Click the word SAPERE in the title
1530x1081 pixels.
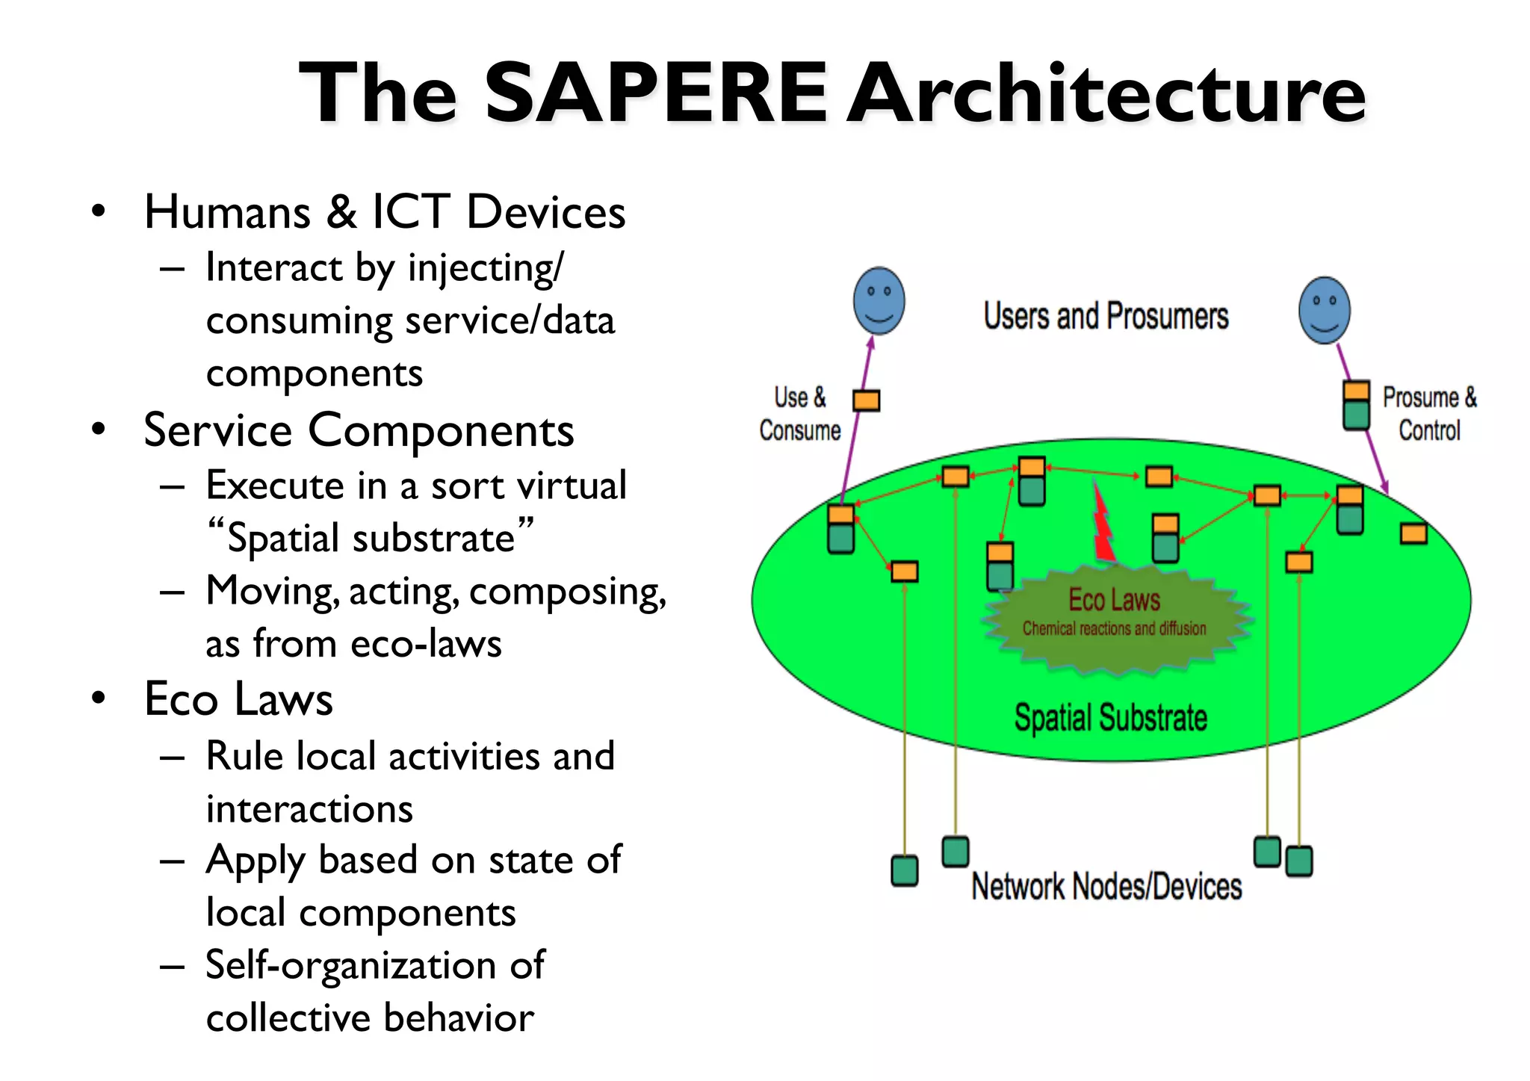(656, 93)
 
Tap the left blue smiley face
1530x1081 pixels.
(879, 301)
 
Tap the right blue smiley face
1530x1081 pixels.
(1325, 311)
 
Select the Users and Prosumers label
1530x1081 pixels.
(1106, 316)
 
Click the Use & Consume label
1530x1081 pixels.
(799, 414)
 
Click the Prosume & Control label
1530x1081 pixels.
(1429, 414)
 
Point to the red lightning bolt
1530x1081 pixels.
(1103, 524)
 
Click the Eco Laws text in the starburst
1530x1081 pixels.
(1114, 600)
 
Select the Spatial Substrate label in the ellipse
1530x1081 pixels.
(1110, 718)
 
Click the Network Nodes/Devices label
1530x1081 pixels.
(1106, 887)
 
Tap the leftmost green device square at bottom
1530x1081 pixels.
(905, 871)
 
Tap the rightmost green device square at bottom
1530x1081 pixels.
(1299, 861)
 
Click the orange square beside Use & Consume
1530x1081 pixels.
(867, 401)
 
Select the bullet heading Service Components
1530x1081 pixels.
(359, 430)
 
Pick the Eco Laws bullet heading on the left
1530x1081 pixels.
(238, 699)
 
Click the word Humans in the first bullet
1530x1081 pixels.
(227, 212)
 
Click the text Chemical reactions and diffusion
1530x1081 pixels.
(1114, 629)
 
